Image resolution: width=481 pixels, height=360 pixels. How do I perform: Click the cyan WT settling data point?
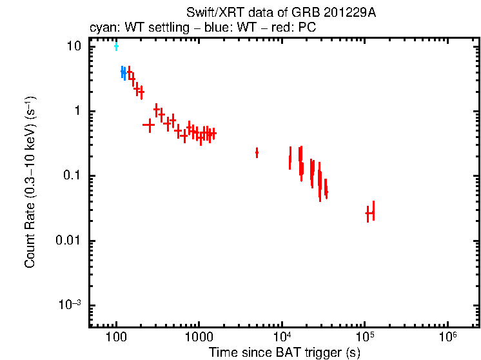tap(116, 46)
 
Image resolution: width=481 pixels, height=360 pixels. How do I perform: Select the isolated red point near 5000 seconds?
tap(257, 152)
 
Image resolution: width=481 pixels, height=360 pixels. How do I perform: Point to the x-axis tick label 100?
tap(116, 337)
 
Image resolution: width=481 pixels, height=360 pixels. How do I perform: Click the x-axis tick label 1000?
tap(199, 337)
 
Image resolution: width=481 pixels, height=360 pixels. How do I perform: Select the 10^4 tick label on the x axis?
tap(281, 336)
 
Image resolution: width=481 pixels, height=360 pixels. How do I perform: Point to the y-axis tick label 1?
tap(79, 111)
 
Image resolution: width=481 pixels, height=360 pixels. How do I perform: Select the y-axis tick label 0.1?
tap(74, 176)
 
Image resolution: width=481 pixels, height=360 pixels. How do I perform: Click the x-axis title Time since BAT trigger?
tap(284, 352)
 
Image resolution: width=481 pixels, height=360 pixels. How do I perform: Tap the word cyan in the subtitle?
tap(101, 28)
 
